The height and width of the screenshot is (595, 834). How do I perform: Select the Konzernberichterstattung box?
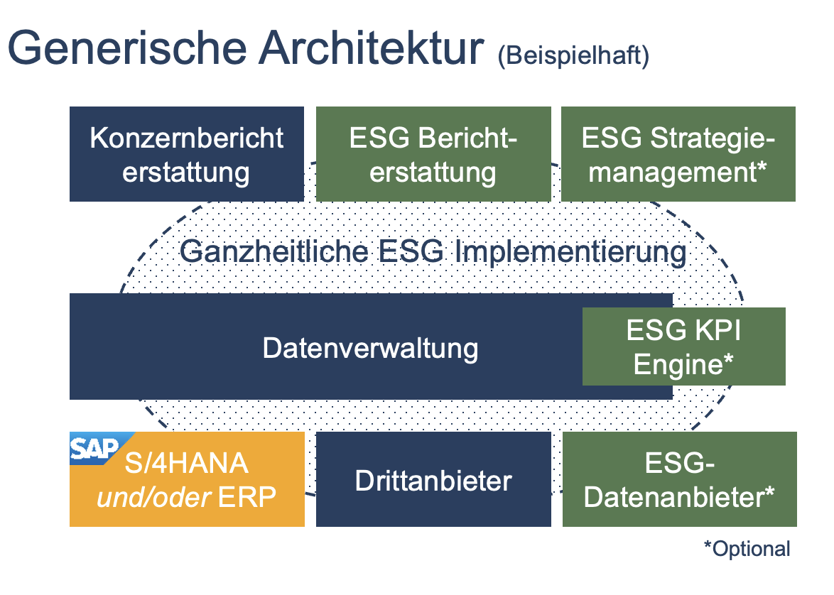pyautogui.click(x=187, y=154)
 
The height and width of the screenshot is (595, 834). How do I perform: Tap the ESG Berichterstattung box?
pyautogui.click(x=433, y=154)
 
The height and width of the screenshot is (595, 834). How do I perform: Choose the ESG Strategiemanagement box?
pyautogui.click(x=678, y=154)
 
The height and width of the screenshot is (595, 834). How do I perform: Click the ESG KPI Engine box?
pyautogui.click(x=684, y=346)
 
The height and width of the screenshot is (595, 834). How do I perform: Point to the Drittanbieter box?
pyautogui.click(x=433, y=479)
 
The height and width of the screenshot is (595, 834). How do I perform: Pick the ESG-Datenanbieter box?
pyautogui.click(x=680, y=479)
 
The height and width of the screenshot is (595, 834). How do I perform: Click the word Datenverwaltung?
pyautogui.click(x=370, y=349)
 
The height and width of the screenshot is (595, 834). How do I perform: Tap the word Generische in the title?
pyautogui.click(x=127, y=48)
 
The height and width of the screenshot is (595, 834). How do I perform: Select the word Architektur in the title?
pyautogui.click(x=372, y=48)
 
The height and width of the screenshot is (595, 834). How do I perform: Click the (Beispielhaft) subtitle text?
pyautogui.click(x=573, y=55)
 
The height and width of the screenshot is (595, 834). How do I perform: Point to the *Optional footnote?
pyautogui.click(x=747, y=549)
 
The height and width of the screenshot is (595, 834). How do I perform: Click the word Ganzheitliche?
pyautogui.click(x=274, y=251)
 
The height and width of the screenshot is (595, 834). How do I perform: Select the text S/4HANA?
pyautogui.click(x=187, y=463)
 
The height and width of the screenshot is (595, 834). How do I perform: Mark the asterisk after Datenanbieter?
pyautogui.click(x=769, y=491)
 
